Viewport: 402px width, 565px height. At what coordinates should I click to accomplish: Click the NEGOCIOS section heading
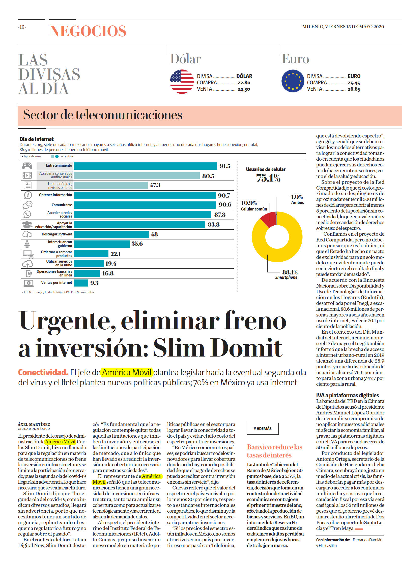[x=88, y=31]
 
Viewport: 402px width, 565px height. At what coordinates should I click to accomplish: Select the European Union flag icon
[x=293, y=81]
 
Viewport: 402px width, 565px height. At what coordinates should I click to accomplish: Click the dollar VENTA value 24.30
[x=244, y=89]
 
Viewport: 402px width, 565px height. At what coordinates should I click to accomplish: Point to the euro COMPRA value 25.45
[x=354, y=83]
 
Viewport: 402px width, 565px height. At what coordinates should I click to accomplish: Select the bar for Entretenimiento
[x=145, y=166]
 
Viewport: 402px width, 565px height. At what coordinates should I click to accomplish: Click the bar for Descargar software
[x=111, y=234]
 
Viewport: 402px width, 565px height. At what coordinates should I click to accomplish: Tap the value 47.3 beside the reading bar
[x=155, y=185]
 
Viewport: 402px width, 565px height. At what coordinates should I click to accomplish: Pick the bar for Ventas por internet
[x=81, y=283]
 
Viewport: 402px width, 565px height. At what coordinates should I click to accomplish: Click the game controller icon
[x=27, y=166]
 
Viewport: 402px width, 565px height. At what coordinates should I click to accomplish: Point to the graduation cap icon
[x=27, y=224]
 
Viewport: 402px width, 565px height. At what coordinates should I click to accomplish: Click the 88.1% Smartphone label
[x=286, y=274]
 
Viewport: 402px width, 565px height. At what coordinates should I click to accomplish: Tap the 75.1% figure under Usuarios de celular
[x=268, y=178]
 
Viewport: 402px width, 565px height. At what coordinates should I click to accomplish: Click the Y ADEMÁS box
[x=263, y=429]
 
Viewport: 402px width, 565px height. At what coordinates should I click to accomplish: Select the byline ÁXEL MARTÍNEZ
[x=34, y=425]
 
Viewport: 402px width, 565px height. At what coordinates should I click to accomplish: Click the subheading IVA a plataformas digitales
[x=348, y=395]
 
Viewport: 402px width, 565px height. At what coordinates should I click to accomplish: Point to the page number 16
[x=22, y=27]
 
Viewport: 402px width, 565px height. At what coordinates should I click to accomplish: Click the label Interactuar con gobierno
[x=60, y=244]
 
